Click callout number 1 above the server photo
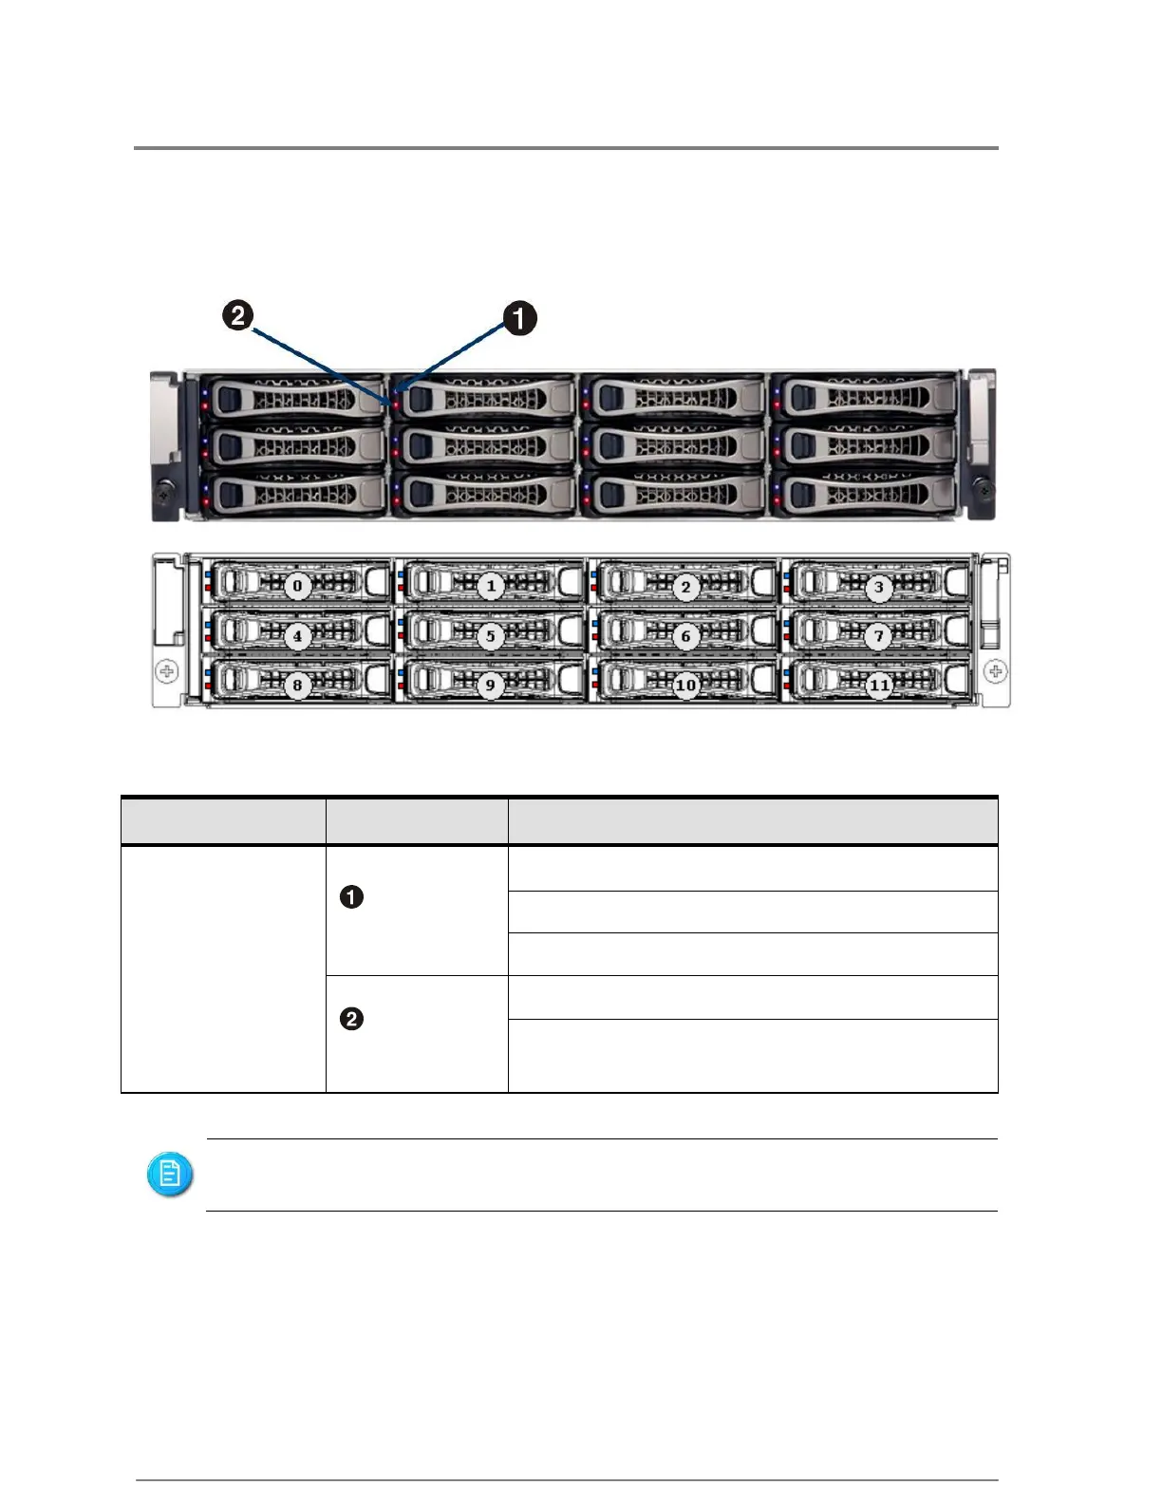(x=519, y=318)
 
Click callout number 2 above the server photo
(x=237, y=315)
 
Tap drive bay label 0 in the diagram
(x=297, y=586)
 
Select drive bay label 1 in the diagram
(x=491, y=586)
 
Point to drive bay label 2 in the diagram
(x=685, y=587)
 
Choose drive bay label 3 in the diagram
(x=879, y=587)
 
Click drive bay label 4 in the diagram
(x=297, y=635)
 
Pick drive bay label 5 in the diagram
(x=491, y=635)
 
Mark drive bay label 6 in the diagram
(x=685, y=636)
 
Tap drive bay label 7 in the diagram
(x=879, y=636)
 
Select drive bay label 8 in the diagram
(x=297, y=685)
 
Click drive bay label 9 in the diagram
(x=491, y=685)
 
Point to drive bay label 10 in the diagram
(x=685, y=685)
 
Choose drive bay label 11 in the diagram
(x=880, y=685)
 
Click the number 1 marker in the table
(x=351, y=897)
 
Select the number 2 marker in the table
(x=351, y=1019)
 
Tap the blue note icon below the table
(x=170, y=1175)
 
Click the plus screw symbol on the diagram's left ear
(x=166, y=672)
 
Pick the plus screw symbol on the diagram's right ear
(x=995, y=672)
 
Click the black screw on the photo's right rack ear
(x=984, y=491)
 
